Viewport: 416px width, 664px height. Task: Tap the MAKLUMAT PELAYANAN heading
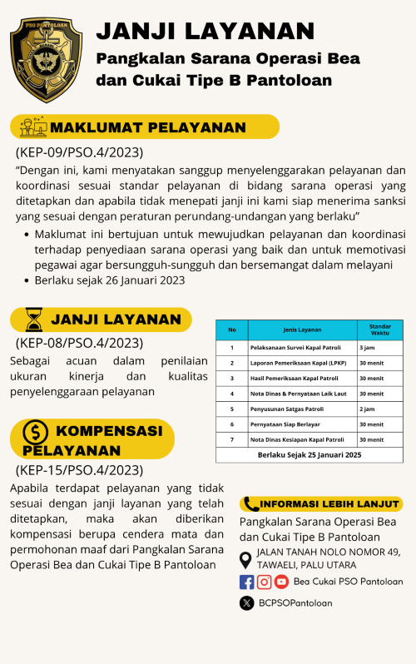pyautogui.click(x=148, y=127)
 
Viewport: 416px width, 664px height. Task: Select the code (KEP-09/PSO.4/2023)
pyautogui.click(x=79, y=152)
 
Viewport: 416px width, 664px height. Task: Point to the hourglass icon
pyautogui.click(x=33, y=320)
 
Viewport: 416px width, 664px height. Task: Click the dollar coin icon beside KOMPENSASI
pyautogui.click(x=35, y=432)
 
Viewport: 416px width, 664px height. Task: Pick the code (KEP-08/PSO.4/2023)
pyautogui.click(x=79, y=342)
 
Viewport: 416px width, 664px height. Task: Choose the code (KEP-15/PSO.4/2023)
pyautogui.click(x=79, y=470)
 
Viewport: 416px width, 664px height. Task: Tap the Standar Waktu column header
pyautogui.click(x=379, y=330)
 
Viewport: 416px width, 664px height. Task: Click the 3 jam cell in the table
pyautogui.click(x=366, y=347)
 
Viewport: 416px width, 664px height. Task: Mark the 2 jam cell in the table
pyautogui.click(x=366, y=409)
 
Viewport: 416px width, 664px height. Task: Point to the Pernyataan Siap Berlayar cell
pyautogui.click(x=286, y=424)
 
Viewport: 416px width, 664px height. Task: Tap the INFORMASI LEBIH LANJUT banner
pyautogui.click(x=321, y=504)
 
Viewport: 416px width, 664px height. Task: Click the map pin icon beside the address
pyautogui.click(x=246, y=558)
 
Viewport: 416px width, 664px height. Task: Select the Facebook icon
pyautogui.click(x=247, y=582)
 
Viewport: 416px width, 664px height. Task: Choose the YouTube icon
pyautogui.click(x=281, y=582)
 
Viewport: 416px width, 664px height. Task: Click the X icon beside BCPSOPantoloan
pyautogui.click(x=247, y=603)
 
